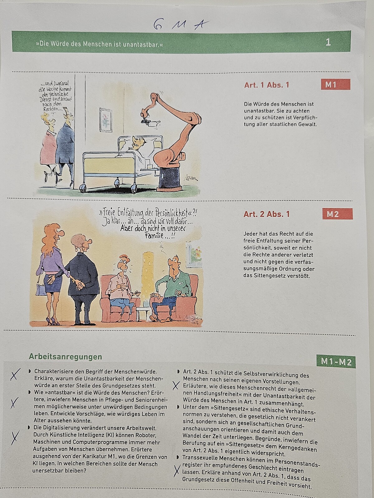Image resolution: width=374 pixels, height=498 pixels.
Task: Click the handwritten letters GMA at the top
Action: pos(180,25)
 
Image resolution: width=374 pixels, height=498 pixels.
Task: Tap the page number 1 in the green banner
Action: pos(328,42)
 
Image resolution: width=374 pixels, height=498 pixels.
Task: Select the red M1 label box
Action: pos(335,84)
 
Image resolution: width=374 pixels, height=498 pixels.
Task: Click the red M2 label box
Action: pos(337,214)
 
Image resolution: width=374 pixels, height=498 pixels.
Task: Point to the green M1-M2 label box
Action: pos(336,362)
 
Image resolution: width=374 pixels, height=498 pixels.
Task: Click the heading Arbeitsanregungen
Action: pos(65,357)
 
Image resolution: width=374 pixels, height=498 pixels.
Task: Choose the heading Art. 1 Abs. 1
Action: pos(266,85)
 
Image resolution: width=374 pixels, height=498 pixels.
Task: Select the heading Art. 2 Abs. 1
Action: pos(266,214)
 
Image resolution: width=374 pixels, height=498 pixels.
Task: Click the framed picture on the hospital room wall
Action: pos(106,120)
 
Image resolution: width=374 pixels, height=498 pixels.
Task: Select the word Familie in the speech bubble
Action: pos(157,236)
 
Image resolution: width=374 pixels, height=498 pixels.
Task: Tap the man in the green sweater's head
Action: pos(174,265)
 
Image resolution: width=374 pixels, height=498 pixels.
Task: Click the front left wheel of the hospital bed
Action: pos(83,188)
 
